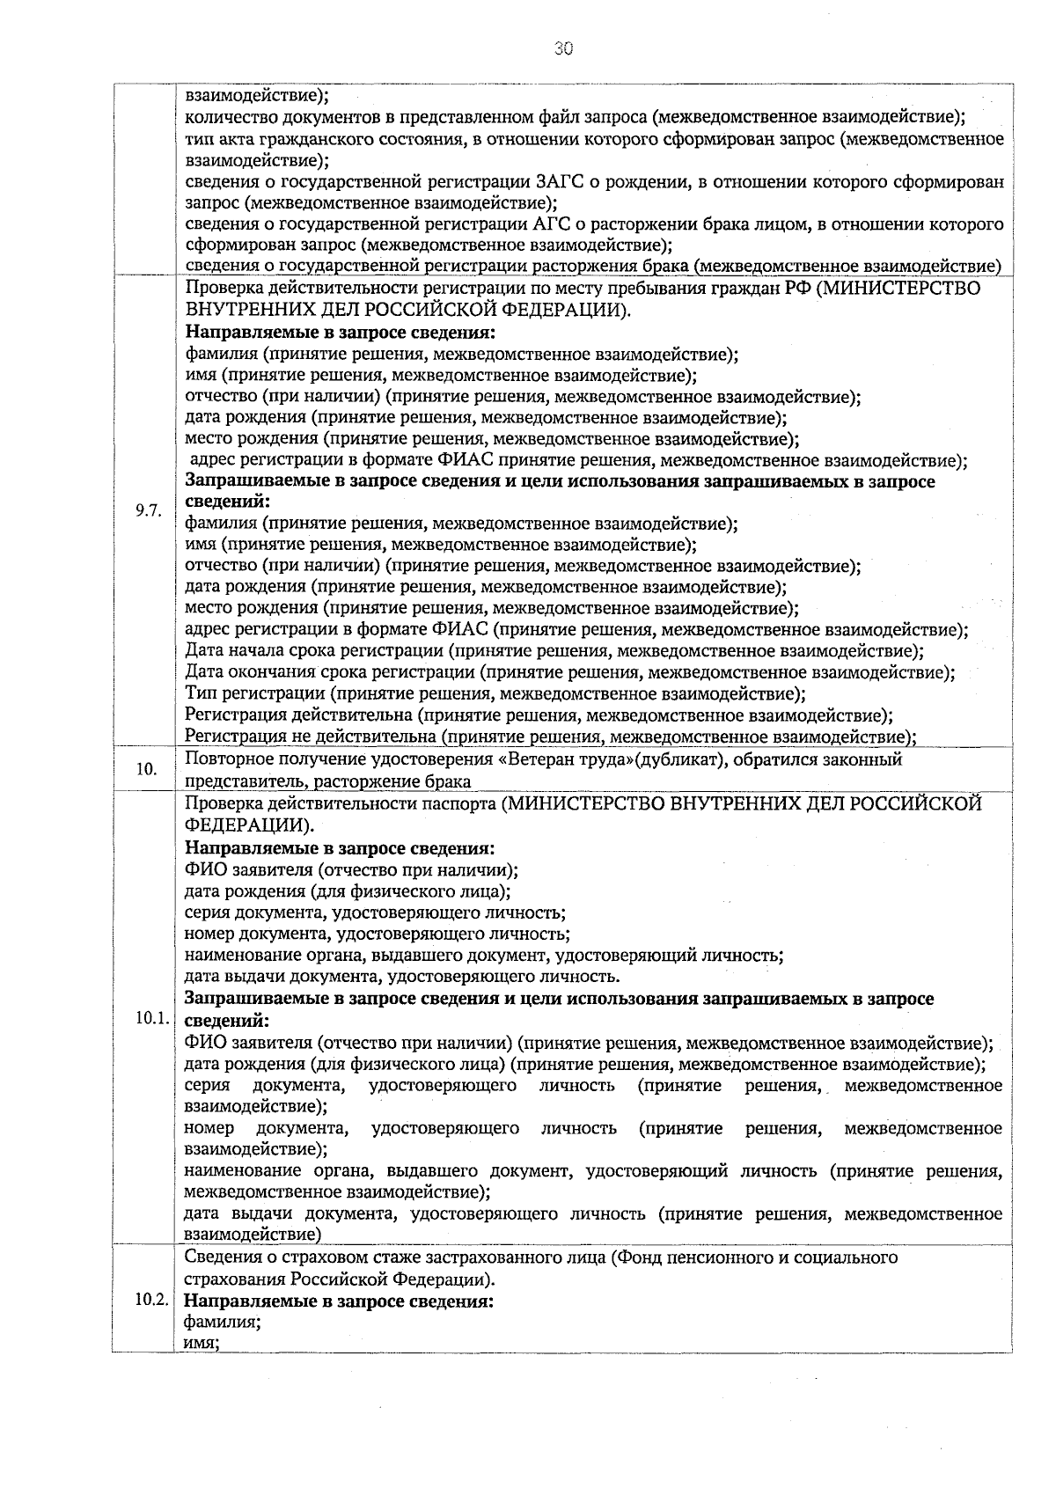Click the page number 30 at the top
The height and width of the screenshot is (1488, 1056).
pyautogui.click(x=563, y=49)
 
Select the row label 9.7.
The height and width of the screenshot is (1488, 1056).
pyautogui.click(x=148, y=511)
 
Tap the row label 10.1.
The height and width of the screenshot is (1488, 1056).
pyautogui.click(x=150, y=1019)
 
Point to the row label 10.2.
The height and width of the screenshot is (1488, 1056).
pyautogui.click(x=150, y=1301)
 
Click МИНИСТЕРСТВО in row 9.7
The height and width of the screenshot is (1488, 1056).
pyautogui.click(x=898, y=290)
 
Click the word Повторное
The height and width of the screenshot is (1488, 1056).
pyautogui.click(x=231, y=759)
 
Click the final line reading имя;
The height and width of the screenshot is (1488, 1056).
pyautogui.click(x=202, y=1343)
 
